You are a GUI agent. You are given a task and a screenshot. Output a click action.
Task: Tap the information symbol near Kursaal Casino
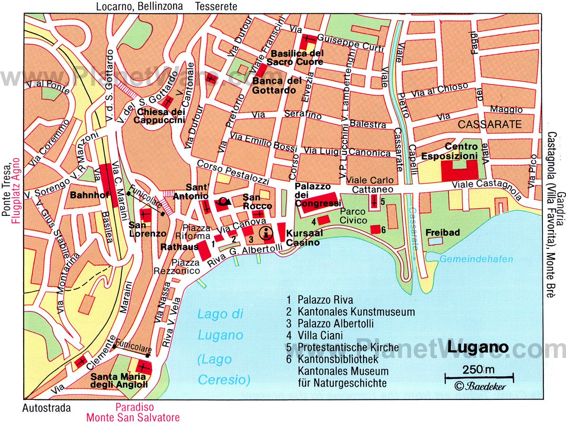[266, 232]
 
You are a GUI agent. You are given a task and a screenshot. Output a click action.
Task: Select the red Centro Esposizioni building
[457, 170]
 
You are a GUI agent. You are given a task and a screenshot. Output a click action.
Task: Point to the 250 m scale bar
[479, 376]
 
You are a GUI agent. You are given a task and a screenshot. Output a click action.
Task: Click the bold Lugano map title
[477, 348]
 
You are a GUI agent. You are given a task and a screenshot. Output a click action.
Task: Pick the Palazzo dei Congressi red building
[318, 200]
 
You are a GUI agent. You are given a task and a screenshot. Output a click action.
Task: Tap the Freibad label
[442, 232]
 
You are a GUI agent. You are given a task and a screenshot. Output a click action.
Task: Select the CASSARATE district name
[490, 125]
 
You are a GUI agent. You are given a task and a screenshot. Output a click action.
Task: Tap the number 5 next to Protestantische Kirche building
[383, 201]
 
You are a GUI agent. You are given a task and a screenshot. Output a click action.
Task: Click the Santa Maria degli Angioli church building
[143, 367]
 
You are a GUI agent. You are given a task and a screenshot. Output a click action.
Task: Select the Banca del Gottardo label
[277, 85]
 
